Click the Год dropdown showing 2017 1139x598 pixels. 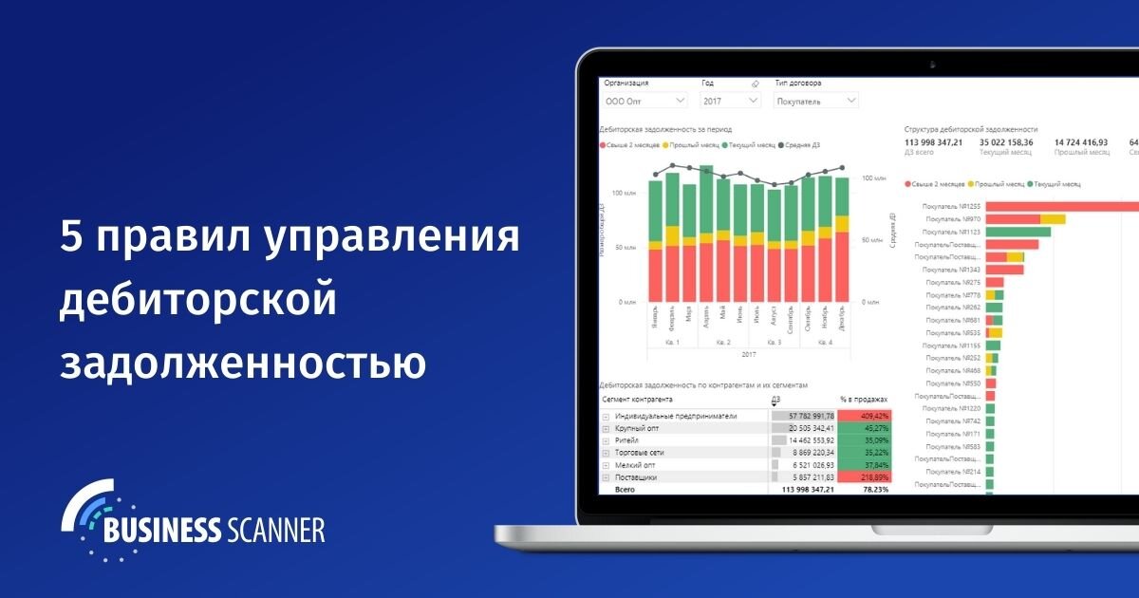[x=730, y=100]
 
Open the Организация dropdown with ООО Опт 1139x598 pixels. [x=645, y=100]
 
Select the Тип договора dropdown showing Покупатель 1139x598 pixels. [x=815, y=100]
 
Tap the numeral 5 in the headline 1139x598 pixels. [x=72, y=236]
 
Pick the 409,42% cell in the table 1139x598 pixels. [x=864, y=416]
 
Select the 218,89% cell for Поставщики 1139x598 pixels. [x=864, y=477]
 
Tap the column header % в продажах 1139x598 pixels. [x=863, y=400]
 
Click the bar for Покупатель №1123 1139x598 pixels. [x=1018, y=231]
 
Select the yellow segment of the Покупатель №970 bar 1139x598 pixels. [x=1053, y=218]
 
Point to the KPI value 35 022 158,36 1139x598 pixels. [x=1006, y=142]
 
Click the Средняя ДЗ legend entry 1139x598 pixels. [x=800, y=145]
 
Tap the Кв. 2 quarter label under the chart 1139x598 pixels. [x=723, y=342]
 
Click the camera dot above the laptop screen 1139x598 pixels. [x=933, y=65]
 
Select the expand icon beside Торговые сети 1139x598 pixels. [x=606, y=453]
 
